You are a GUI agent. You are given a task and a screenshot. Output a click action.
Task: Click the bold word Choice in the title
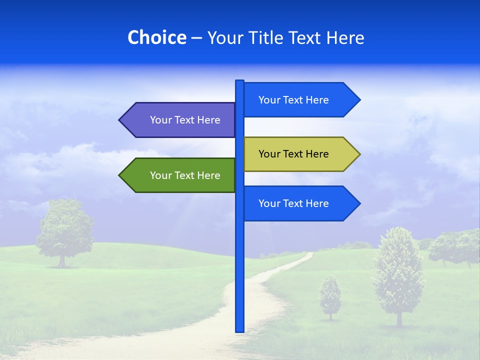pyautogui.click(x=156, y=37)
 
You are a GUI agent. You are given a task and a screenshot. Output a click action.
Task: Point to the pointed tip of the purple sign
pyautogui.click(x=120, y=120)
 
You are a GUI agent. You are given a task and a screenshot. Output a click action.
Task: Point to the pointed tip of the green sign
pyautogui.click(x=120, y=175)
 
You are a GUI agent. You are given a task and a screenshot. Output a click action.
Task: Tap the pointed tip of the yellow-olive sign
pyautogui.click(x=358, y=154)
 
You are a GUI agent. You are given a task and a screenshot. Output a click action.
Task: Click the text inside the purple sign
pyautogui.click(x=185, y=120)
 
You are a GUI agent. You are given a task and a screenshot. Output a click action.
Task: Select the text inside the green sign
pyautogui.click(x=185, y=175)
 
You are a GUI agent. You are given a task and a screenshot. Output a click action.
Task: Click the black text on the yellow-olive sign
pyautogui.click(x=293, y=154)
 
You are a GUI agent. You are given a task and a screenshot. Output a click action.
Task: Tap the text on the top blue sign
pyautogui.click(x=293, y=100)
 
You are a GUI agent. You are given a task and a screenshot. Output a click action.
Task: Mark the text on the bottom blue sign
pyautogui.click(x=293, y=203)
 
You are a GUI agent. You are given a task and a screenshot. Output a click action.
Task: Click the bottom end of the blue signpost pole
pyautogui.click(x=239, y=330)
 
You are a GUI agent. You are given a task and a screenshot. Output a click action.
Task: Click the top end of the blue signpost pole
pyautogui.click(x=239, y=82)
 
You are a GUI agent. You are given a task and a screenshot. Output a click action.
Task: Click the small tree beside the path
pyautogui.click(x=330, y=297)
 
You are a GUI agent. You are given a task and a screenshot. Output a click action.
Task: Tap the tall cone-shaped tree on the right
pyautogui.click(x=398, y=275)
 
